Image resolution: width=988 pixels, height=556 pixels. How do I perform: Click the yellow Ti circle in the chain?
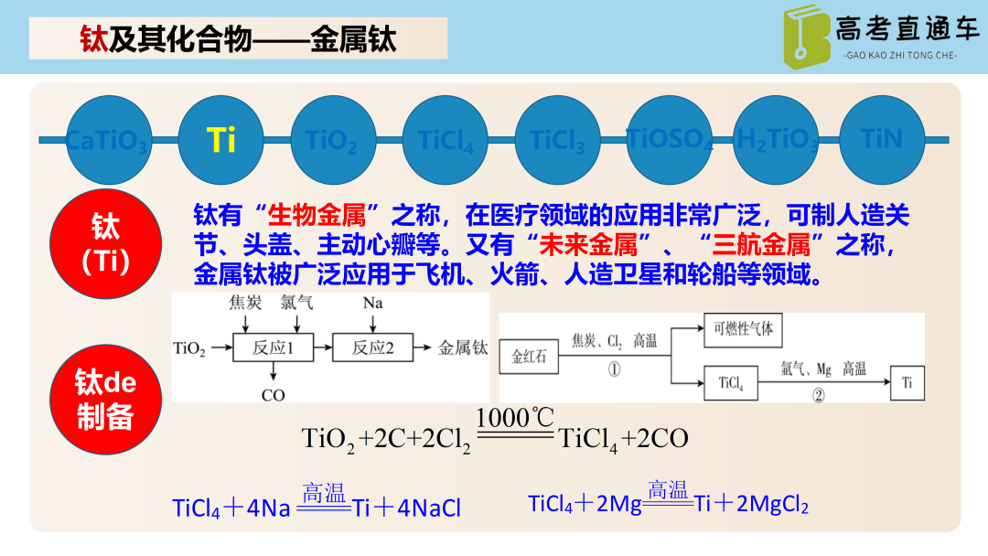point(221,140)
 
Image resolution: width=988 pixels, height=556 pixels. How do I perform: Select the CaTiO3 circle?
point(108,140)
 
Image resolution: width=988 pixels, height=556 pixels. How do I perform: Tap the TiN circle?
point(881,140)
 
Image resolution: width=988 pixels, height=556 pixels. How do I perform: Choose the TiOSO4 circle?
point(669,140)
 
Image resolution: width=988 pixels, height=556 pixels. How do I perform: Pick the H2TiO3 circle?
point(778,140)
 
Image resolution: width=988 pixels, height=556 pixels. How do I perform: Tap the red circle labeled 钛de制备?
point(106,401)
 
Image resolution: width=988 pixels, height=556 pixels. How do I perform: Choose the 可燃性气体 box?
point(743,329)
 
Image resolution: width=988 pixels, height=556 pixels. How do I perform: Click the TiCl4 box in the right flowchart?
point(731,383)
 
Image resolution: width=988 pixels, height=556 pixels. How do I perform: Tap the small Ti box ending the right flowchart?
point(907,383)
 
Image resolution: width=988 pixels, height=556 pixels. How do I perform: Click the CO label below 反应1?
point(274,395)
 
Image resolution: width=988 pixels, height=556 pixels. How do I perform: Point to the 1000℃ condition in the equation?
point(515,418)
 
